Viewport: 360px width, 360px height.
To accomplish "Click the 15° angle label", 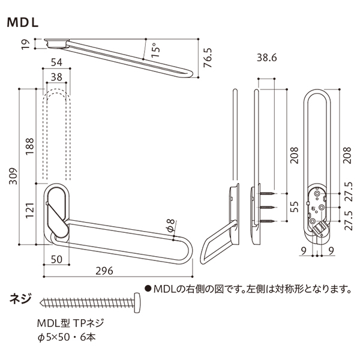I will pos(155,49).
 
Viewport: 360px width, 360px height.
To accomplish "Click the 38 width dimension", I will pos(57,77).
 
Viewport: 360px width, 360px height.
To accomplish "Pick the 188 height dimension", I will pos(30,145).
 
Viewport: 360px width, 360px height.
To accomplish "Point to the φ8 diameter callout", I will pos(170,226).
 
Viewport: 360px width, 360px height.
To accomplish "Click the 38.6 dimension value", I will pos(266,58).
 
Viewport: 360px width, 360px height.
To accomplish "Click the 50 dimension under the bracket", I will pos(58,260).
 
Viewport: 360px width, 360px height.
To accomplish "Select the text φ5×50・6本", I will pos(66,337).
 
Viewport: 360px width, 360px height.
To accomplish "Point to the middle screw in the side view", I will pos(268,208).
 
